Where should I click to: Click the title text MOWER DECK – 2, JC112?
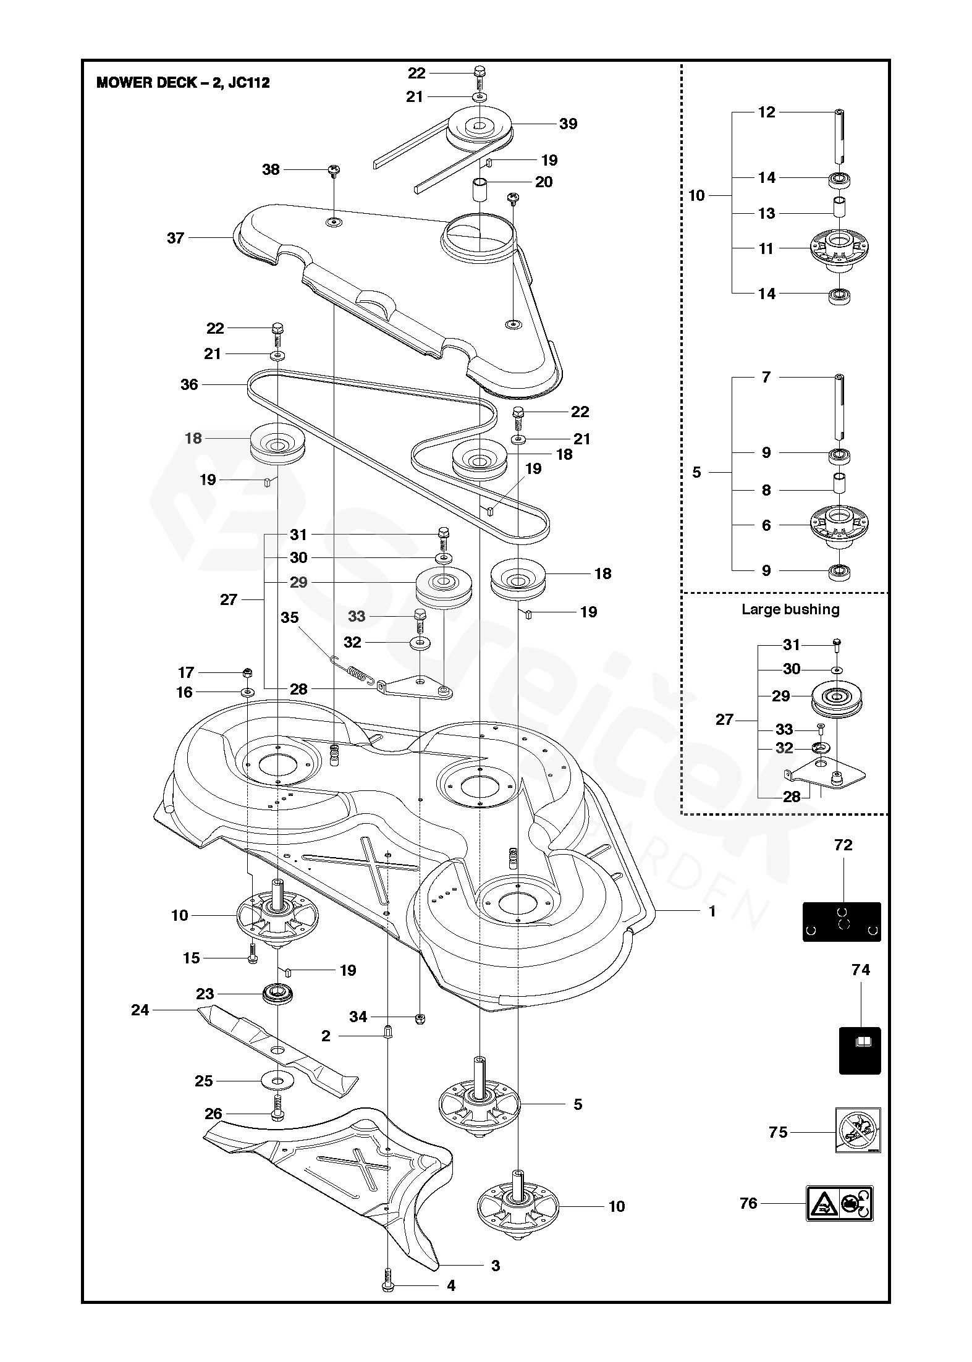point(183,83)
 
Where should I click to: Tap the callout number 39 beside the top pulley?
point(568,124)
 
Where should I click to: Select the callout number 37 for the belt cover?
point(175,238)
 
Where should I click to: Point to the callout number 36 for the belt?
point(189,384)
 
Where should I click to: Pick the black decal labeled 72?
point(841,921)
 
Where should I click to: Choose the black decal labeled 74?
point(860,1050)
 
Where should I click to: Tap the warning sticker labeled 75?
point(858,1129)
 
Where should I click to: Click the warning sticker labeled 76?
point(839,1203)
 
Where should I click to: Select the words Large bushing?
point(790,609)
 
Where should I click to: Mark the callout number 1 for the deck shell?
point(712,911)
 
